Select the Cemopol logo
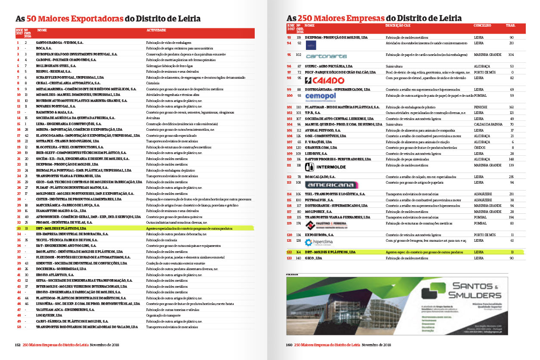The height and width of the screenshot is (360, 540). (x=321, y=96)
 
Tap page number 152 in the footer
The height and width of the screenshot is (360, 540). (x=18, y=345)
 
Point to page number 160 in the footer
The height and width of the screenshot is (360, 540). (x=289, y=345)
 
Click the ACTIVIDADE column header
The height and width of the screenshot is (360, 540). (x=156, y=31)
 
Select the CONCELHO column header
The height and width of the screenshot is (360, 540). (x=482, y=26)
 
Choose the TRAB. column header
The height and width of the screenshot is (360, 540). (x=511, y=26)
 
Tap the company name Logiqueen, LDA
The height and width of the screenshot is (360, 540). (x=49, y=315)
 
